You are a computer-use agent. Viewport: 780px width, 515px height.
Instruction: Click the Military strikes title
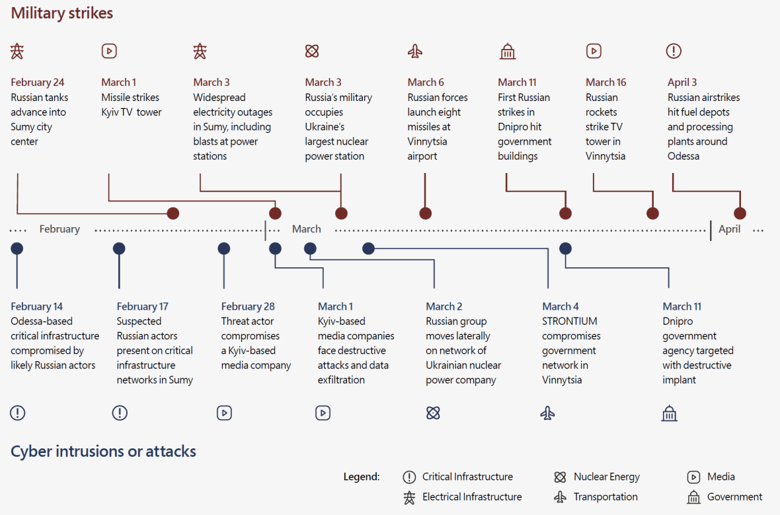coord(61,13)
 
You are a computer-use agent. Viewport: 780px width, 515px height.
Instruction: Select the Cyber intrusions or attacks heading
coord(104,452)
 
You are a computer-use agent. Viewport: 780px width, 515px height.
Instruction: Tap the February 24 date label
coord(37,82)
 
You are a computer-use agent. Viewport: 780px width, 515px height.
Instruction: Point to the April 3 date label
coord(682,82)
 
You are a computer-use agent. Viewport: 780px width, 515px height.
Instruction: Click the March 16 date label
coord(606,82)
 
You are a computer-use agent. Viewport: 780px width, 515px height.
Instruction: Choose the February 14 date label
coord(37,306)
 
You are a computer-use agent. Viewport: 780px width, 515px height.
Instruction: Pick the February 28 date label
coord(248,306)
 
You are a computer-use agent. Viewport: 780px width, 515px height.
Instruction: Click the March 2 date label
coord(444,306)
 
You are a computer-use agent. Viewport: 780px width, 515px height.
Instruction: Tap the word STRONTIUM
coord(570,321)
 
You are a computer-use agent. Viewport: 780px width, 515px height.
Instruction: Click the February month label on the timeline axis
coord(59,228)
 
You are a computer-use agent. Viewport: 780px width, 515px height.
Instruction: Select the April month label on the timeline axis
coord(729,228)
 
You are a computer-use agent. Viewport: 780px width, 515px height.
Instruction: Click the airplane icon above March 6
coord(415,51)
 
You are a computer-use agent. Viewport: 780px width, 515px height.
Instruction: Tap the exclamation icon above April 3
coord(674,51)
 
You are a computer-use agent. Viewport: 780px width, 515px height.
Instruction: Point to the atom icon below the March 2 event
coord(433,413)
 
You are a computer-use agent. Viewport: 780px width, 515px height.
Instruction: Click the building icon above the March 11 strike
coord(508,51)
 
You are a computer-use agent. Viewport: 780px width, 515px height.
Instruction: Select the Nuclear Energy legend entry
coord(597,477)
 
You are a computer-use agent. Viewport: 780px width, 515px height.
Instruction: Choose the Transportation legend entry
coord(596,497)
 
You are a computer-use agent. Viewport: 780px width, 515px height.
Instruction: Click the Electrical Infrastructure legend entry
coord(463,497)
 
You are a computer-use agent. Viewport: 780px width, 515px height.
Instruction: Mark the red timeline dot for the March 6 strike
coord(425,214)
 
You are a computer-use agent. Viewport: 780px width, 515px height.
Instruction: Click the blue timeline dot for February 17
coord(119,248)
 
